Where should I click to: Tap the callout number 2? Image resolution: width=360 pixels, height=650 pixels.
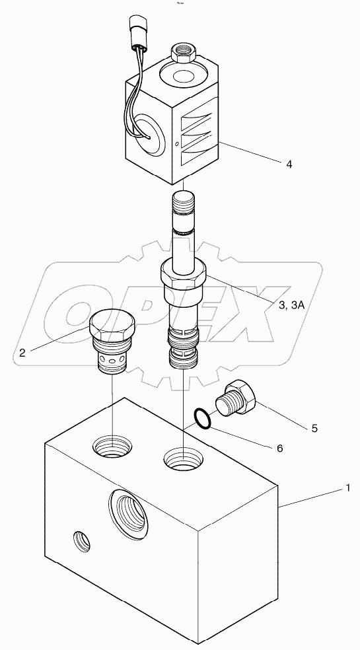point(22,353)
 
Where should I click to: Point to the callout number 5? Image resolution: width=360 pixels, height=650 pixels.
point(315,428)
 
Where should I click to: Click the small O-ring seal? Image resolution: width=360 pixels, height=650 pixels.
point(202,417)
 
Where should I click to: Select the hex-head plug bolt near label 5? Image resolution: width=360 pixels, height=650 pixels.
point(237,400)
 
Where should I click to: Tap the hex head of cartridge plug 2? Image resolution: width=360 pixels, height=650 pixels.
point(112,324)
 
